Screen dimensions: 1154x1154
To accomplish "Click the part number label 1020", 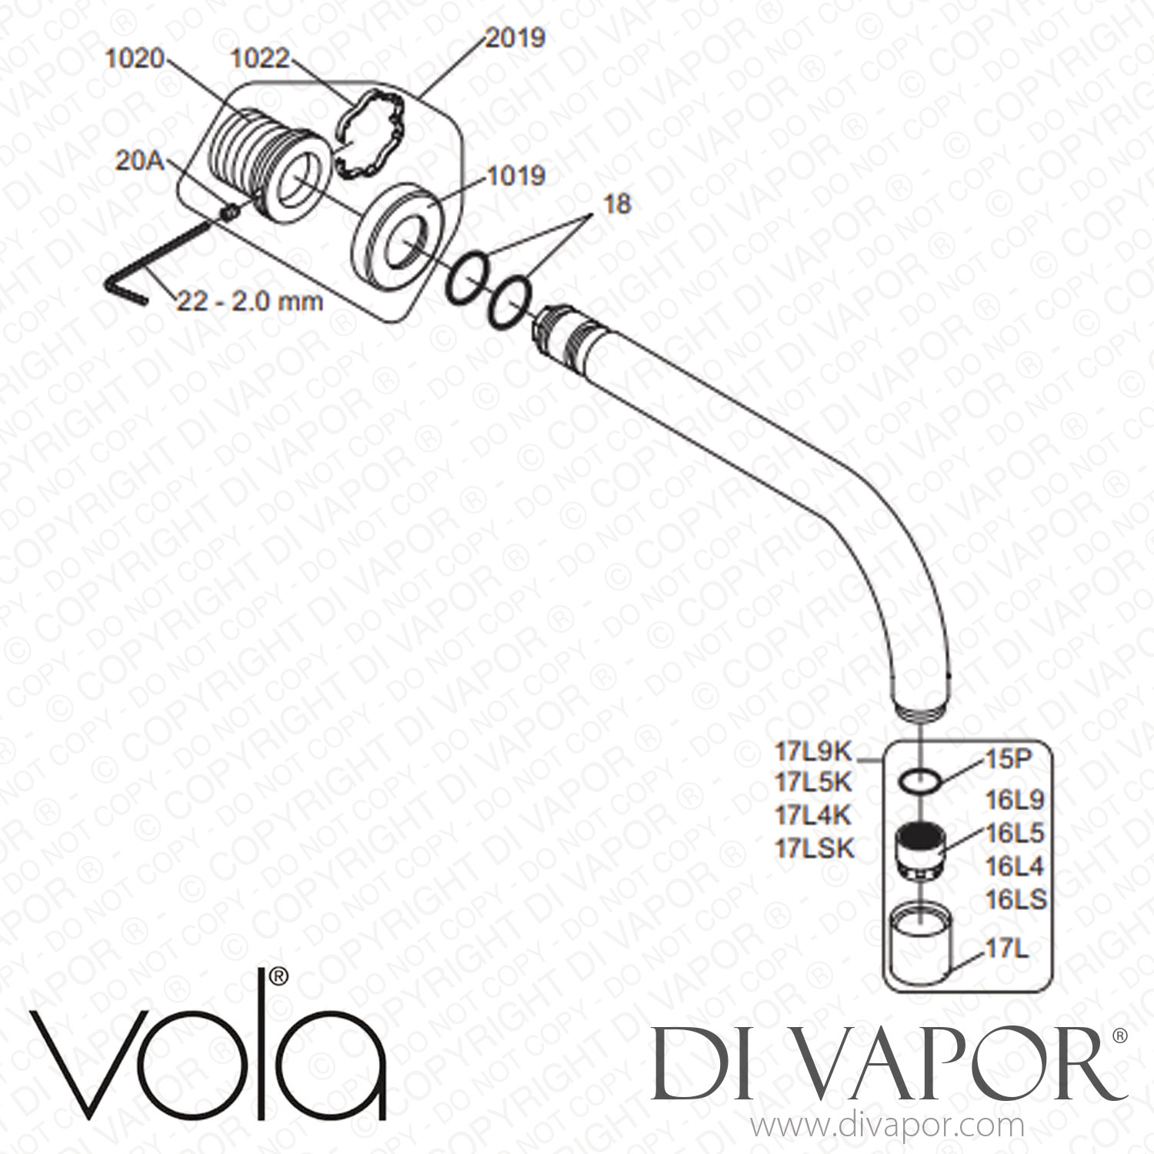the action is point(134,59).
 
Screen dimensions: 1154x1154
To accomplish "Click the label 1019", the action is point(515,175).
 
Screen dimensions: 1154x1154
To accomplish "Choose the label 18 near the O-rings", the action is point(615,204).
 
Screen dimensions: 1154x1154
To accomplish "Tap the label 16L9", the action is point(1015,801).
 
